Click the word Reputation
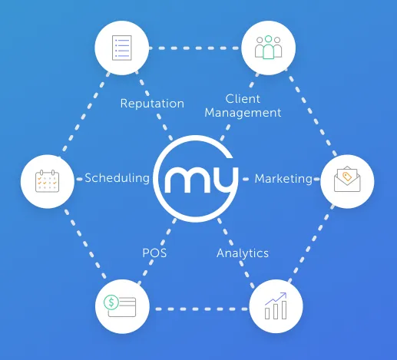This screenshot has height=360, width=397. pos(152,104)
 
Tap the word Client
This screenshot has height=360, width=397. pos(243,99)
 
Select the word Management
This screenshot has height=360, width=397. pos(243,113)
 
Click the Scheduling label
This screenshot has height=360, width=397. pos(117,178)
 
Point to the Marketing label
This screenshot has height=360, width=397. pos(283,179)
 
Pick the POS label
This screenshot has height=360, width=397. pos(154,253)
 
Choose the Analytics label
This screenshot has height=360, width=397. pos(243,253)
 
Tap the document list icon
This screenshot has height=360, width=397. pos(122,48)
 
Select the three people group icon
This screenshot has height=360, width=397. pos(268,48)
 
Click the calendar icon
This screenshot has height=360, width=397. pos(47,180)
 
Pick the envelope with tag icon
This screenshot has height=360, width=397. pos(347,179)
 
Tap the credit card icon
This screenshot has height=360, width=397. pos(120,306)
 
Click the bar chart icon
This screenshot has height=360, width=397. pos(276,306)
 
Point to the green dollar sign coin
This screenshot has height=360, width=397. pos(111,302)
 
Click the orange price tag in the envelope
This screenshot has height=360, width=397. pos(347,177)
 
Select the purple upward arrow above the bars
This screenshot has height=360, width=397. pos(276,299)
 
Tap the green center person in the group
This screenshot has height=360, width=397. pos(268,48)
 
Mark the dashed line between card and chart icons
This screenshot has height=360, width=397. pos(201,309)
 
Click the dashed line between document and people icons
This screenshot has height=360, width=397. pos(194,48)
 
